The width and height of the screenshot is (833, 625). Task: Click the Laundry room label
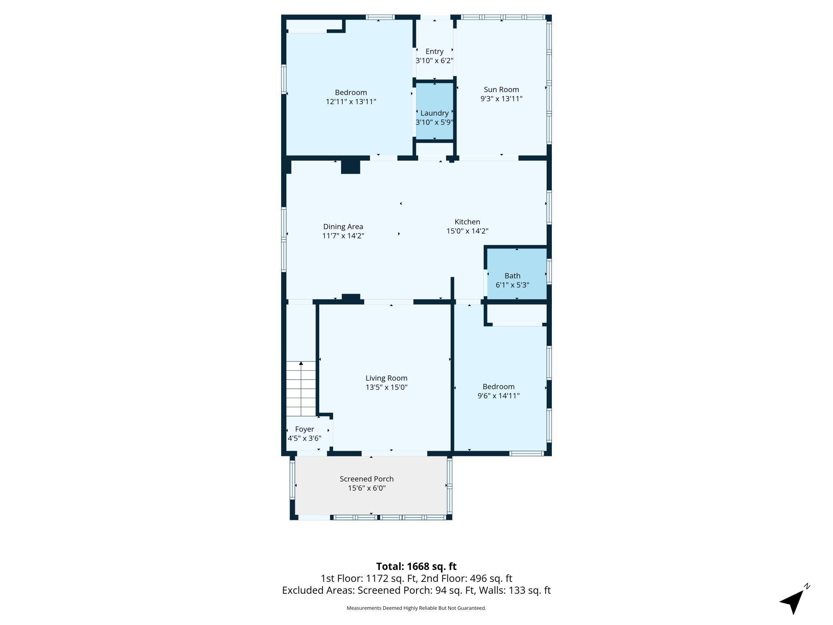pyautogui.click(x=435, y=113)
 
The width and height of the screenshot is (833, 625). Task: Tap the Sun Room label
pyautogui.click(x=501, y=90)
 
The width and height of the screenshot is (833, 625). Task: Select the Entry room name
pyautogui.click(x=435, y=52)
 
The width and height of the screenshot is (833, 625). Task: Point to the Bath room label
pyautogui.click(x=513, y=276)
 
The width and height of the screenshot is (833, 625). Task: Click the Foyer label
pyautogui.click(x=304, y=429)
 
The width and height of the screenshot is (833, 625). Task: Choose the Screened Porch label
pyautogui.click(x=366, y=479)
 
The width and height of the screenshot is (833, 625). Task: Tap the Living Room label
pyautogui.click(x=386, y=378)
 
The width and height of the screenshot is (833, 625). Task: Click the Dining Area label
pyautogui.click(x=343, y=226)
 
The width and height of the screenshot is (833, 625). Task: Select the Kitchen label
pyautogui.click(x=467, y=222)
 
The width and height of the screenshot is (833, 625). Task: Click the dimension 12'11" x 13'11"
pyautogui.click(x=351, y=102)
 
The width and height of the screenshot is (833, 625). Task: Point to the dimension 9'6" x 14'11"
pyautogui.click(x=499, y=396)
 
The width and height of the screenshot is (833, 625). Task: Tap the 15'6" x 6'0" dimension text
pyautogui.click(x=366, y=488)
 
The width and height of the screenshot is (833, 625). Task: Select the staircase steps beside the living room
pyautogui.click(x=301, y=389)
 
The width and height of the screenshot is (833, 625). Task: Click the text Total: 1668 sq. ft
pyautogui.click(x=416, y=567)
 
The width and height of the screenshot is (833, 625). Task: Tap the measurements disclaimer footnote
pyautogui.click(x=416, y=608)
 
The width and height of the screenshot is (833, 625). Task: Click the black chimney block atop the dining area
pyautogui.click(x=350, y=167)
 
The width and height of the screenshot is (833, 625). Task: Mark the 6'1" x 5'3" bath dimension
pyautogui.click(x=513, y=285)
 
